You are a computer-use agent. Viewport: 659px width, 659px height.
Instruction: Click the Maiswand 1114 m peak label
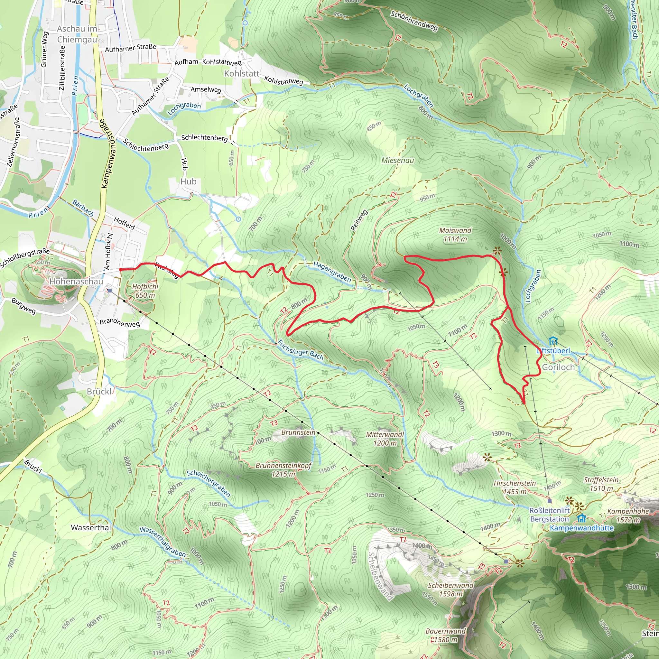(455, 235)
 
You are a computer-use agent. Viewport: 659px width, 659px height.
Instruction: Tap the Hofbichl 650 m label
(145, 291)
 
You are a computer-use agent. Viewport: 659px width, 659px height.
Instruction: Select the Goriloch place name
(558, 367)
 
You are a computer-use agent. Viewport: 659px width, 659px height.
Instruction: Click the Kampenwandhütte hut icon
(581, 518)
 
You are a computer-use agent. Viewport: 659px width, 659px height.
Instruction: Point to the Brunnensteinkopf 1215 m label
(283, 470)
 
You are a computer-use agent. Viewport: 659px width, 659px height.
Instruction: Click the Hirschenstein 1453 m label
(515, 487)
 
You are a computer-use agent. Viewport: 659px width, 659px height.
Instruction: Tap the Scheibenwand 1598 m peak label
(450, 589)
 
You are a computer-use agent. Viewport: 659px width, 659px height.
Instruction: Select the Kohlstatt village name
(242, 74)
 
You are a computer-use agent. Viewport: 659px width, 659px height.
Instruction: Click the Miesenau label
(397, 160)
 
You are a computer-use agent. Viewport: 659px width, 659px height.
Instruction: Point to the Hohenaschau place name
(76, 282)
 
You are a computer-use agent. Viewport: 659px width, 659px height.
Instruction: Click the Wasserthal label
(91, 528)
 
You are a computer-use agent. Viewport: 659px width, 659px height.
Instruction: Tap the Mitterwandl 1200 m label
(385, 439)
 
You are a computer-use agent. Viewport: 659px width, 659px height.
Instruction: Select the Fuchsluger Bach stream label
(300, 350)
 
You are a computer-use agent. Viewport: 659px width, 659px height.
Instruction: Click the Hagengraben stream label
(331, 272)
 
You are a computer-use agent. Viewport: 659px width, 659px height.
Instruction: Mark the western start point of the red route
(120, 270)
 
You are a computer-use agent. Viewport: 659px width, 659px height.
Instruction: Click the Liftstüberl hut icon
(553, 341)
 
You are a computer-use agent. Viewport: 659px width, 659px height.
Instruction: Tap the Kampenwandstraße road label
(108, 153)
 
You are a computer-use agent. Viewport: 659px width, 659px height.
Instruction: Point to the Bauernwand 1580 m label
(445, 635)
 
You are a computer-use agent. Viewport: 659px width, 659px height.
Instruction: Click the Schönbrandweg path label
(414, 21)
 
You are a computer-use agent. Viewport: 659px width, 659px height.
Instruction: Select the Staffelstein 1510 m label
(601, 484)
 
